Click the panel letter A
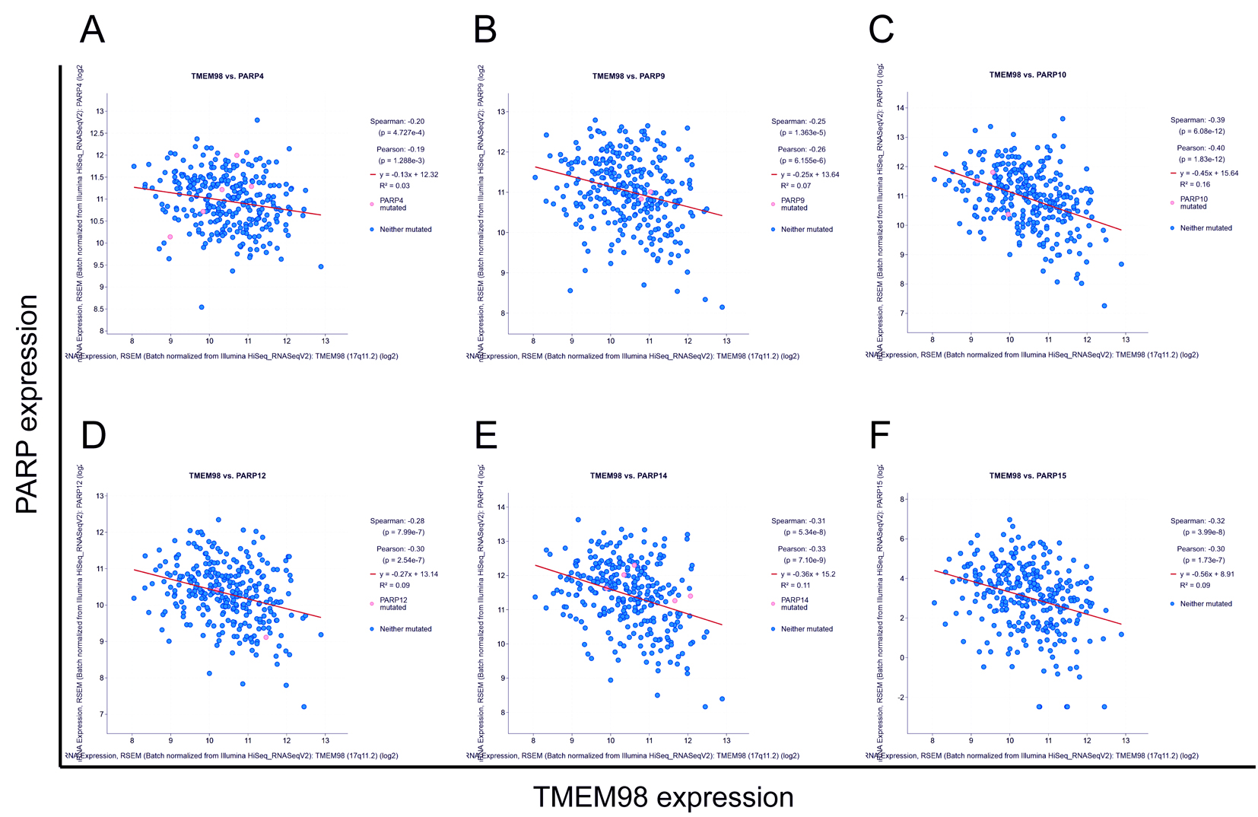click(x=92, y=30)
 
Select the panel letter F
click(x=879, y=436)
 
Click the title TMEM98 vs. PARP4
click(x=227, y=76)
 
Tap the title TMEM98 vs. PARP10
click(x=1028, y=75)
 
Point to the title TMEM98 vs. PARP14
click(x=628, y=475)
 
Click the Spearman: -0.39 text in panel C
click(x=1197, y=120)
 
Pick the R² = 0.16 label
click(x=1195, y=184)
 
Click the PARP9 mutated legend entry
click(x=793, y=204)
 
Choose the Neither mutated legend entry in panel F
click(x=1206, y=604)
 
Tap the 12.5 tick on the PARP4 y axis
click(x=97, y=133)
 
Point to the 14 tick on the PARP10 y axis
click(x=900, y=108)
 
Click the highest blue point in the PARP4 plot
click(x=257, y=120)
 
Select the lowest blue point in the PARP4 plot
click(x=202, y=307)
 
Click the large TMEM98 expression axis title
click(x=663, y=797)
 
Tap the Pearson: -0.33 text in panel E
click(x=801, y=548)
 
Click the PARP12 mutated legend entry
click(x=393, y=604)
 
